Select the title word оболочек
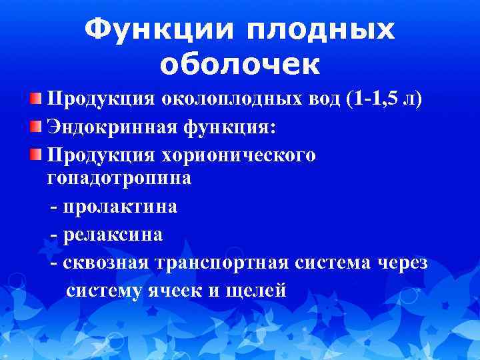tap(240, 64)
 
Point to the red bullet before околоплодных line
tap(35, 99)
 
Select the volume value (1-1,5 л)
tap(384, 99)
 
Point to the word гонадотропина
tap(119, 179)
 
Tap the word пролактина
tap(120, 207)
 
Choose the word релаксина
tap(113, 235)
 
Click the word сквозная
tap(106, 263)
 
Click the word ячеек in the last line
tap(176, 291)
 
